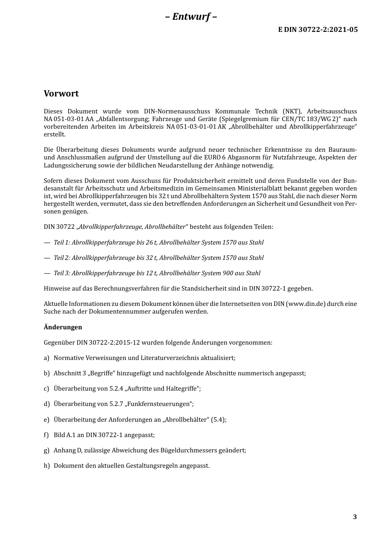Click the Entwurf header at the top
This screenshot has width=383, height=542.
click(x=191, y=17)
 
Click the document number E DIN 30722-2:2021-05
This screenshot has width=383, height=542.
click(x=318, y=29)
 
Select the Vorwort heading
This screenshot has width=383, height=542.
click(x=61, y=94)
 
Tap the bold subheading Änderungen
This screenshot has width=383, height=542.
click(x=63, y=327)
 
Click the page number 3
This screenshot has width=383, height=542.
click(x=355, y=517)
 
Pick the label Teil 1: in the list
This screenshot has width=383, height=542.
click(x=62, y=243)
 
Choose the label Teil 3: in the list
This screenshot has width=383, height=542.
click(x=62, y=273)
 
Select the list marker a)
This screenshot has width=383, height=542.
click(x=47, y=358)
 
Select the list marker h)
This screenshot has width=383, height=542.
click(x=47, y=466)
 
